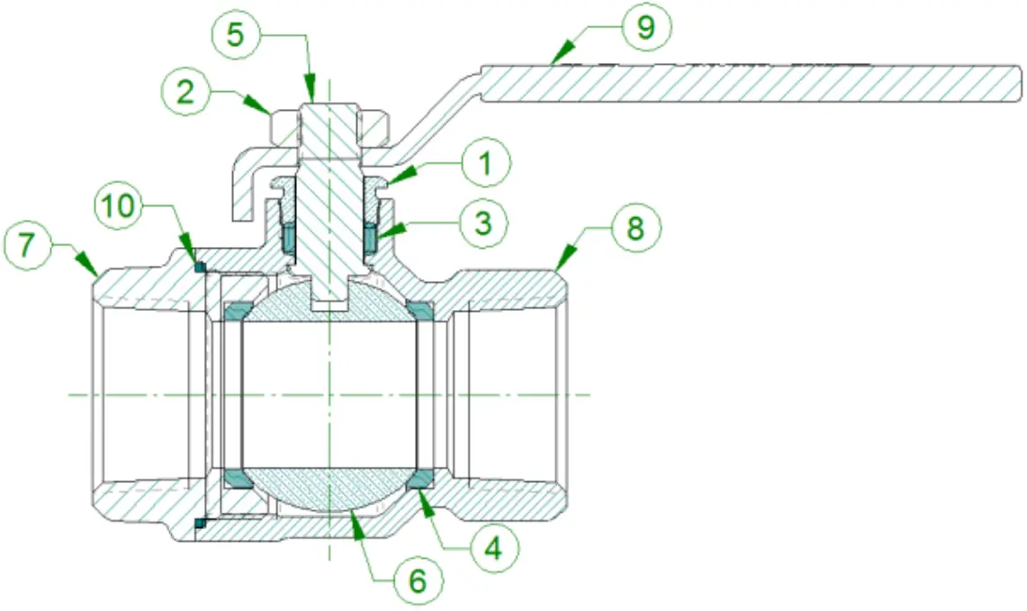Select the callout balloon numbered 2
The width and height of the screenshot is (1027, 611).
coord(185,94)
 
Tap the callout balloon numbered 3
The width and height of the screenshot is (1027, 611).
coord(483,222)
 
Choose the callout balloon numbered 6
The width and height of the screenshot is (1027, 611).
coord(418,581)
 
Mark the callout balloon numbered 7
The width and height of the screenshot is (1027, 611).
coord(30,245)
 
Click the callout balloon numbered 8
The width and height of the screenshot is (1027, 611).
coord(635,229)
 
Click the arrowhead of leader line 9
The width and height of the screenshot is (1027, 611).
coord(553,60)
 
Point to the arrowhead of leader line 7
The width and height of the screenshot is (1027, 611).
coord(95,273)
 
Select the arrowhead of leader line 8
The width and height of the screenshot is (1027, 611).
coord(558,269)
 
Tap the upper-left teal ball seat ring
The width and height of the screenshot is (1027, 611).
coord(237,312)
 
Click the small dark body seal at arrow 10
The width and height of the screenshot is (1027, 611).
coord(200,266)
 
